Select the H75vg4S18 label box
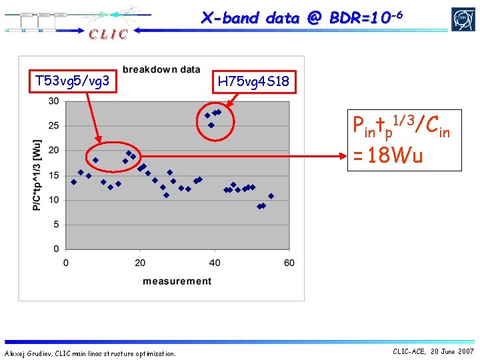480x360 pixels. [x=253, y=82]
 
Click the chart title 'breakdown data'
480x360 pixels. [x=161, y=69]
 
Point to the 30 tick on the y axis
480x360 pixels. [x=53, y=101]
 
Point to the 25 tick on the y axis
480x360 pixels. [x=53, y=126]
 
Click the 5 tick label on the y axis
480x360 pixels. [x=56, y=225]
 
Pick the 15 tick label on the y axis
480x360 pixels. [x=53, y=175]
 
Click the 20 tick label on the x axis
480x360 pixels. [x=140, y=263]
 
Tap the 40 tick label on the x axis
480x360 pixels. [x=215, y=263]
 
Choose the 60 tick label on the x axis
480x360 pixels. [x=289, y=263]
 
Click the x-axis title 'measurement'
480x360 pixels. [x=177, y=281]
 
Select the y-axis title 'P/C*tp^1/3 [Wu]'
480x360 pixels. [x=37, y=175]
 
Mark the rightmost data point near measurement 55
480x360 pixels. [x=271, y=196]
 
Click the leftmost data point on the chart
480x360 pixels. [x=73, y=182]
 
